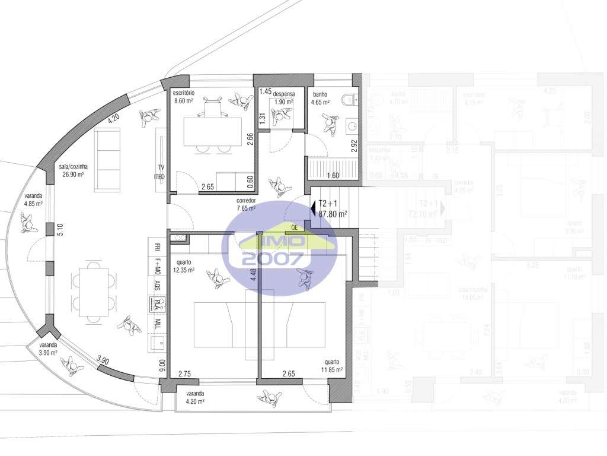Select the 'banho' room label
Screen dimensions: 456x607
320,94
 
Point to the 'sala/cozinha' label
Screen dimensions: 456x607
74,167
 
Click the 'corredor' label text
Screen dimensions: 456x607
245,201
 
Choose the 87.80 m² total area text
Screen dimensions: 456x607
333,214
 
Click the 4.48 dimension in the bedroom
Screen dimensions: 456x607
254,277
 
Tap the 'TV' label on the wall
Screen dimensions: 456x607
161,167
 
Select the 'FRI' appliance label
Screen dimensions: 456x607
157,246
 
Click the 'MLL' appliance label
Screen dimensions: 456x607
157,324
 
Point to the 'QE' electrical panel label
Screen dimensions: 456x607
295,226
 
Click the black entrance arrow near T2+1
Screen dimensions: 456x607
313,208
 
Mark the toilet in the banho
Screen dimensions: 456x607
350,98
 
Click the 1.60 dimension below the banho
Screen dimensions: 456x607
333,176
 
